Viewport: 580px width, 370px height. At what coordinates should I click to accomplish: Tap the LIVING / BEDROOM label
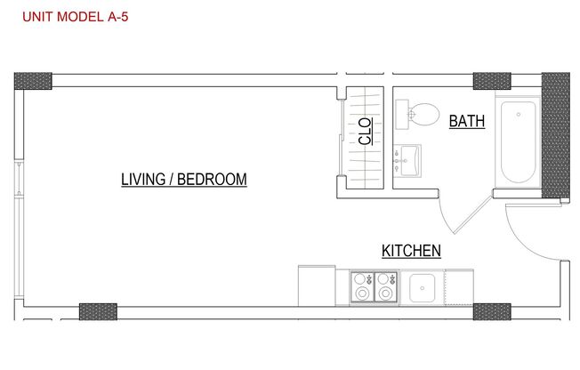coord(183,180)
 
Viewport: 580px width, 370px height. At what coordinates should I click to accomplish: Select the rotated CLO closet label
coord(365,133)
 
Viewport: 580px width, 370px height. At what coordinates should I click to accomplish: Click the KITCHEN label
coord(411,252)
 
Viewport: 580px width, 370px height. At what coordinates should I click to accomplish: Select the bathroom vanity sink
coord(411,161)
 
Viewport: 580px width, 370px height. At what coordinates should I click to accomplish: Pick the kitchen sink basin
coord(421,286)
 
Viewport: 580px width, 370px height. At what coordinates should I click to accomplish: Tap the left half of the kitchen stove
coord(363,286)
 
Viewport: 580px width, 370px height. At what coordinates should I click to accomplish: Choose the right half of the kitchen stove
coord(386,286)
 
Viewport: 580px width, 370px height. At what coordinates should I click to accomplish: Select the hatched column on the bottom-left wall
coord(98,311)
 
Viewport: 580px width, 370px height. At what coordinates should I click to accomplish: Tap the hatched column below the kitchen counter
coord(491,311)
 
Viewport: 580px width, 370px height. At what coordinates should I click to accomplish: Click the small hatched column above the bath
coord(491,81)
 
